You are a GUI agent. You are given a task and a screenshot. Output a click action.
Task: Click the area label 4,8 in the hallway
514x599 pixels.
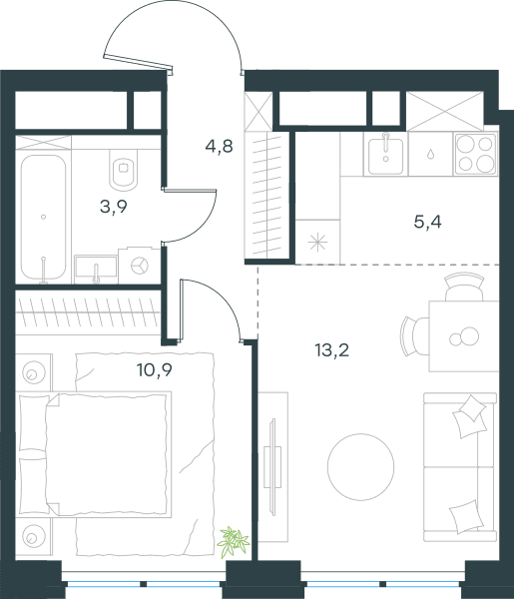point(219,147)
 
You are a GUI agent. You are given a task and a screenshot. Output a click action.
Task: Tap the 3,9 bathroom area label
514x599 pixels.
point(114,207)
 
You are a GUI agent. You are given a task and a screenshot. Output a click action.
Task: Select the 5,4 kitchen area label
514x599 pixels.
point(428,222)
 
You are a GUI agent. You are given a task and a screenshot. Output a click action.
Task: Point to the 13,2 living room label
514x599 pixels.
point(332,350)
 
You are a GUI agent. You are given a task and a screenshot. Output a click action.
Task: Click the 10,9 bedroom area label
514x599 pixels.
point(155,369)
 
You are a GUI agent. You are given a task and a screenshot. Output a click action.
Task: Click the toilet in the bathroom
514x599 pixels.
point(124,170)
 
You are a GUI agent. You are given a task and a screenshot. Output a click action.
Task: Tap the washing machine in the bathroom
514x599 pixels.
point(139,266)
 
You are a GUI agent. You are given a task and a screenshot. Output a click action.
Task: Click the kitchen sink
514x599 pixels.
point(385,154)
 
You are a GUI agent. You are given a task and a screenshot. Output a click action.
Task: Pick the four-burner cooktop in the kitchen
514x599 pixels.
point(476,154)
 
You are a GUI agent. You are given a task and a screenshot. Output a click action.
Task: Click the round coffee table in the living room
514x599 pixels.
point(361,467)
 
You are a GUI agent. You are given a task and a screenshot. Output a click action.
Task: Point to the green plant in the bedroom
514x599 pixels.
point(233,538)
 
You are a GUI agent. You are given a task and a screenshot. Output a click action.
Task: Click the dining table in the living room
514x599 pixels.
point(464,336)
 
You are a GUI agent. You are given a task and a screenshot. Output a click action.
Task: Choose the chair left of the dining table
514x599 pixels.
point(415,336)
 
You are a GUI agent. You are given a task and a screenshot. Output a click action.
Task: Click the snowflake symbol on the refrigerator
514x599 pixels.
point(317,243)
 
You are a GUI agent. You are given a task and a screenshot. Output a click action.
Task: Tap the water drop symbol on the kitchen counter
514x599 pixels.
point(430,154)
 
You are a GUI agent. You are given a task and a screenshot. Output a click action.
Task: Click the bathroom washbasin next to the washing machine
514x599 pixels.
point(96,269)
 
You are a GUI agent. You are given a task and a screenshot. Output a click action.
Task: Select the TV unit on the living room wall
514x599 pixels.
point(273,467)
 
